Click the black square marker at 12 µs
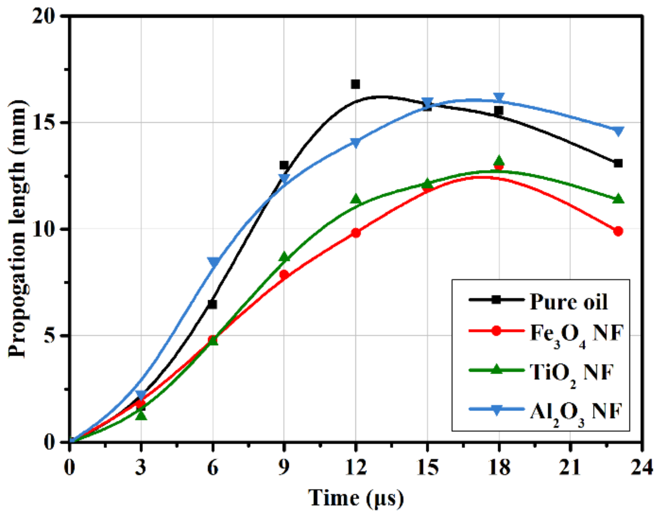coord(355,84)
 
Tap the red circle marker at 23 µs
coord(618,231)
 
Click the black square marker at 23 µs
coord(618,163)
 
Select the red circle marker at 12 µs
coord(356,233)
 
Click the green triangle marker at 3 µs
coord(141,414)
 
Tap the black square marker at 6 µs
coord(212,304)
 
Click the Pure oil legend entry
coord(569,301)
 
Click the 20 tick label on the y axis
coord(44,16)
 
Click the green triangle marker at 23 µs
coord(618,199)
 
